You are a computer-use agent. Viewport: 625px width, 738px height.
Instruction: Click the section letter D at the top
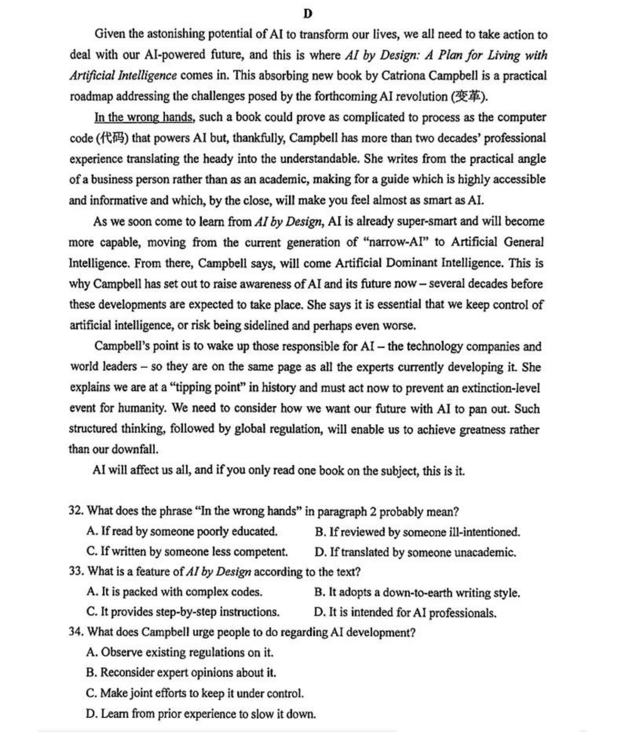(x=308, y=14)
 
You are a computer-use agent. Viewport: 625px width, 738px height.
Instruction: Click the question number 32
(x=76, y=511)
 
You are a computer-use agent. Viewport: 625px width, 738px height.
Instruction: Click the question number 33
(x=76, y=571)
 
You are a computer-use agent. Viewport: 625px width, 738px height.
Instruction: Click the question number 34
(x=76, y=632)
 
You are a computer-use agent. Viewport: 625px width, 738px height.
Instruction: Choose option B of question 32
(x=417, y=532)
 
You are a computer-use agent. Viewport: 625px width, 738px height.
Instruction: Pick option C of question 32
(x=187, y=552)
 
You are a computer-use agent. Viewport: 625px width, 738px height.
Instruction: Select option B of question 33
(x=417, y=592)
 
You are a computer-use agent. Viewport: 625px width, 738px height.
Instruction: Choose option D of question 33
(x=405, y=612)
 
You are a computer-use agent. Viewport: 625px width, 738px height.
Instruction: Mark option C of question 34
(x=195, y=693)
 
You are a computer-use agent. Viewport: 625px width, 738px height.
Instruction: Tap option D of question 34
(x=201, y=714)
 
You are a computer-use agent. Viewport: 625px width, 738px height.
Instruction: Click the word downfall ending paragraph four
(x=135, y=450)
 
